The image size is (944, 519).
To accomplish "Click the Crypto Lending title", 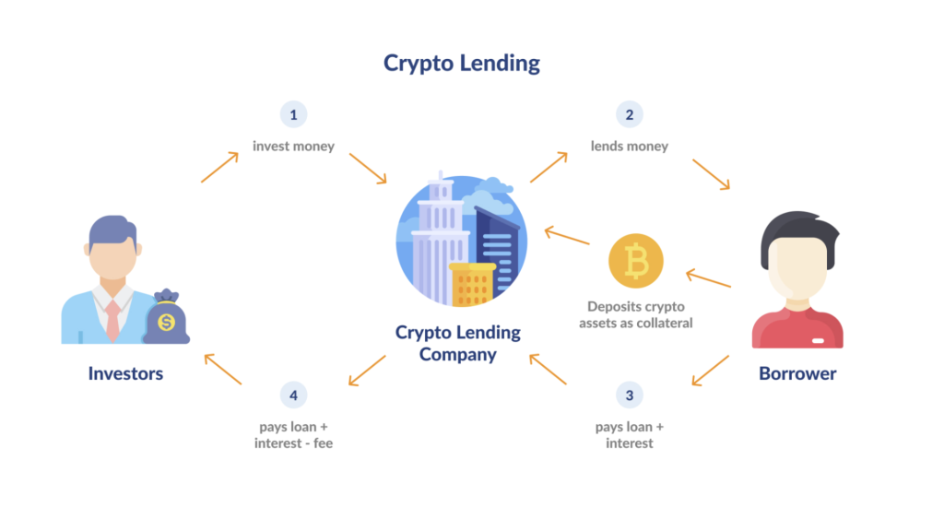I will [x=462, y=63].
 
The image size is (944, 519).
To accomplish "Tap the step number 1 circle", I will [x=293, y=115].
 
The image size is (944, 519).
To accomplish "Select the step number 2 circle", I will [x=630, y=115].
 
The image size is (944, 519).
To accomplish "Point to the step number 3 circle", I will [x=630, y=396].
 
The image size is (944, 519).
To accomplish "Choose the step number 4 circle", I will [x=293, y=396].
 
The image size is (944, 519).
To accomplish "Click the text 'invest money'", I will [x=293, y=146].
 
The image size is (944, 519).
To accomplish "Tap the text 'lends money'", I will [x=630, y=146].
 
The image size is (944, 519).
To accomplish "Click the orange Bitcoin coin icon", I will [x=636, y=261].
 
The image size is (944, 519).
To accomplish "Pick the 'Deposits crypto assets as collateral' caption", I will [x=636, y=314].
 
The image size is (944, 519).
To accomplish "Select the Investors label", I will [x=125, y=373].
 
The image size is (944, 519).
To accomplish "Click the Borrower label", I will [x=797, y=373].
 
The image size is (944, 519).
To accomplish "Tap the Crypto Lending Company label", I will [x=458, y=343].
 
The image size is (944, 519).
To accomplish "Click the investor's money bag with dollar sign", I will [x=166, y=319].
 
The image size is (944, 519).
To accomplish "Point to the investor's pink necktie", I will [x=112, y=319].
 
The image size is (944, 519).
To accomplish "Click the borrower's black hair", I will [x=798, y=230].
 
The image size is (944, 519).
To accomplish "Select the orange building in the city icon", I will [x=471, y=283].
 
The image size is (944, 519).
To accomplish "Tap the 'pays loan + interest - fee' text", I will [x=293, y=435].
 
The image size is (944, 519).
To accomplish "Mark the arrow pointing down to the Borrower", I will [x=711, y=174].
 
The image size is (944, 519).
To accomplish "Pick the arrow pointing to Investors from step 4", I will [x=222, y=368].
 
